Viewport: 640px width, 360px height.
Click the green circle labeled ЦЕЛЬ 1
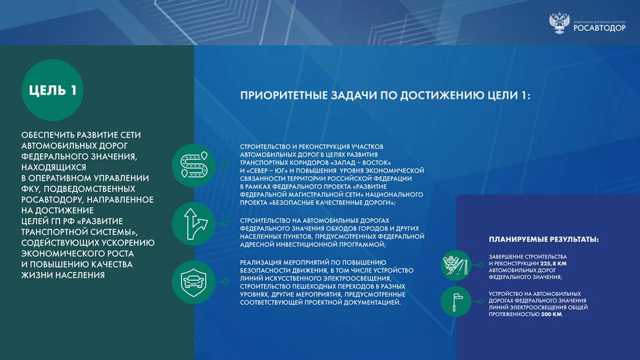[52, 90]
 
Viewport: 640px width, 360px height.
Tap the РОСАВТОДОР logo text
[599, 28]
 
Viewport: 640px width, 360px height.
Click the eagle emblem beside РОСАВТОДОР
[559, 23]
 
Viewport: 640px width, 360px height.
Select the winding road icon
[193, 165]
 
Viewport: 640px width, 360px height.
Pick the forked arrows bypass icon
[193, 224]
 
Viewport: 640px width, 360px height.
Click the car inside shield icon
[193, 281]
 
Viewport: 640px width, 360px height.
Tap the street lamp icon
[456, 301]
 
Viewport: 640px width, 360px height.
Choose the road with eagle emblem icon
[456, 265]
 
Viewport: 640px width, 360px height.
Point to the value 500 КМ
[551, 314]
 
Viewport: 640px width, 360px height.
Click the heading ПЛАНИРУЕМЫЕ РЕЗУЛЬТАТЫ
[544, 239]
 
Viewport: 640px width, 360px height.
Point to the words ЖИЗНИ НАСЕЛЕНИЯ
[63, 275]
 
